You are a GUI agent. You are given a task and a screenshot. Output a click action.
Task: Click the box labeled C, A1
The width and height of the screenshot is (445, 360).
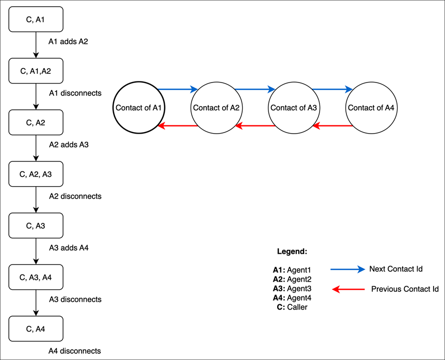pyautogui.click(x=36, y=19)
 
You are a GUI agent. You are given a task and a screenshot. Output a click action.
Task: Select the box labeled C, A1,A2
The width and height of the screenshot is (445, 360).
pyautogui.click(x=36, y=71)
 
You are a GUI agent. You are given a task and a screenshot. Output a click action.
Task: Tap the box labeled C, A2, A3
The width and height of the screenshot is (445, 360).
pyautogui.click(x=36, y=174)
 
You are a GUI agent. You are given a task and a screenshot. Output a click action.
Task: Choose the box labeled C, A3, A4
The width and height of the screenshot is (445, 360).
pyautogui.click(x=36, y=277)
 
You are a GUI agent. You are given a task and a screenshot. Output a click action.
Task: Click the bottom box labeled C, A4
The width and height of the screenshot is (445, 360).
pyautogui.click(x=36, y=329)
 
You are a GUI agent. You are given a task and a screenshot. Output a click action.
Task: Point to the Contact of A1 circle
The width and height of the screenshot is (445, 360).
pyautogui.click(x=139, y=108)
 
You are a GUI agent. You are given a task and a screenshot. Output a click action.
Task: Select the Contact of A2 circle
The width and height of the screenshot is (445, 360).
pyautogui.click(x=217, y=108)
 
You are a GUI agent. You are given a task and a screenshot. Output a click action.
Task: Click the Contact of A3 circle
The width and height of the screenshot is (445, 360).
pyautogui.click(x=294, y=108)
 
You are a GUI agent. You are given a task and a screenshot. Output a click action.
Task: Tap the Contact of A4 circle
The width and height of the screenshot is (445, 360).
pyautogui.click(x=372, y=108)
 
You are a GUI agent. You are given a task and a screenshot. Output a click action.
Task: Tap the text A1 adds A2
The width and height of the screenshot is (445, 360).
pyautogui.click(x=68, y=42)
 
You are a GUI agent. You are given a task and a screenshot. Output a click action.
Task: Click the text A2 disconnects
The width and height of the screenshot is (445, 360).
pyautogui.click(x=75, y=196)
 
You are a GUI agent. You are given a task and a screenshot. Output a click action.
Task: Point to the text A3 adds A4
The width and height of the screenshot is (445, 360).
pyautogui.click(x=69, y=248)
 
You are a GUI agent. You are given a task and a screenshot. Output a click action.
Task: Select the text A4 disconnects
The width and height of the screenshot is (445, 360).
pyautogui.click(x=75, y=351)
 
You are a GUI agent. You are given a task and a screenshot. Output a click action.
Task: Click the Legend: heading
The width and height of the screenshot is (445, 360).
pyautogui.click(x=292, y=252)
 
